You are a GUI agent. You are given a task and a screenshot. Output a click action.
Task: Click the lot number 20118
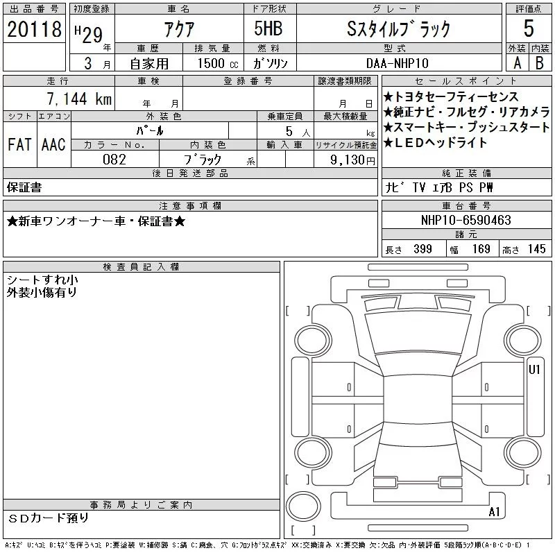34,29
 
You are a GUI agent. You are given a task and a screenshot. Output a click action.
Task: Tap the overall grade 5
529,28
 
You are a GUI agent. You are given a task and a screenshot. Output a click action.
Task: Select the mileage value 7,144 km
79,99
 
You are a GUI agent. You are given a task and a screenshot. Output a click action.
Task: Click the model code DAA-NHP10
397,63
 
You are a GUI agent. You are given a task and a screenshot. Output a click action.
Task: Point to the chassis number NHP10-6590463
466,220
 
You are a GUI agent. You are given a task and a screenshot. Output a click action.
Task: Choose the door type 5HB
268,28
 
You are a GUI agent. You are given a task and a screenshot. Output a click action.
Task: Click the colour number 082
114,160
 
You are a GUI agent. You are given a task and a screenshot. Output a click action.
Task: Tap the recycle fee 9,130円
352,160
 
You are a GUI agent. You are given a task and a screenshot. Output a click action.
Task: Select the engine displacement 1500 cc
218,63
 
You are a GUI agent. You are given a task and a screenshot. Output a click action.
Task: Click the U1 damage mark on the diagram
534,370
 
